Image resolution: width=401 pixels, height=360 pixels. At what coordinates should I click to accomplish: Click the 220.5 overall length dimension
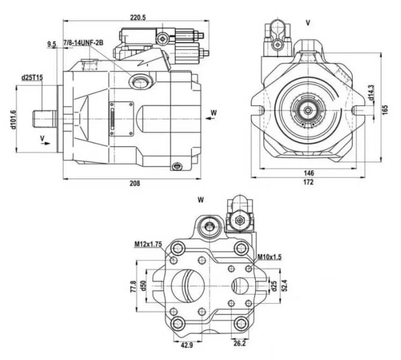click(x=138, y=17)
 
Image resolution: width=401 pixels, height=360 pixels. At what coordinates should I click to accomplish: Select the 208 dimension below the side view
click(x=135, y=183)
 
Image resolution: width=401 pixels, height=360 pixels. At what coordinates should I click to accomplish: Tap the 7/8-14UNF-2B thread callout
click(x=83, y=43)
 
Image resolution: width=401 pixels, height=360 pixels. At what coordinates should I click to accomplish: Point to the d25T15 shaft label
click(x=32, y=77)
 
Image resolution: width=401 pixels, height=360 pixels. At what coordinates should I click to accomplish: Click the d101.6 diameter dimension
click(x=14, y=120)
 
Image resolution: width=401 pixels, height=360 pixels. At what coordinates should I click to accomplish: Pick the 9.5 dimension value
click(x=52, y=44)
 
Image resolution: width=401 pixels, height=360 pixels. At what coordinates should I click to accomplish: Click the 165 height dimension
click(x=385, y=109)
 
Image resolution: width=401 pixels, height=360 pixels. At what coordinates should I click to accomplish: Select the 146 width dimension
click(x=309, y=173)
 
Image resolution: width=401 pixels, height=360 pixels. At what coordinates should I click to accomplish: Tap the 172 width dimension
click(x=308, y=182)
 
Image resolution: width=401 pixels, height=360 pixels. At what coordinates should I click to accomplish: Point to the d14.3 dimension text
click(x=371, y=92)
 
